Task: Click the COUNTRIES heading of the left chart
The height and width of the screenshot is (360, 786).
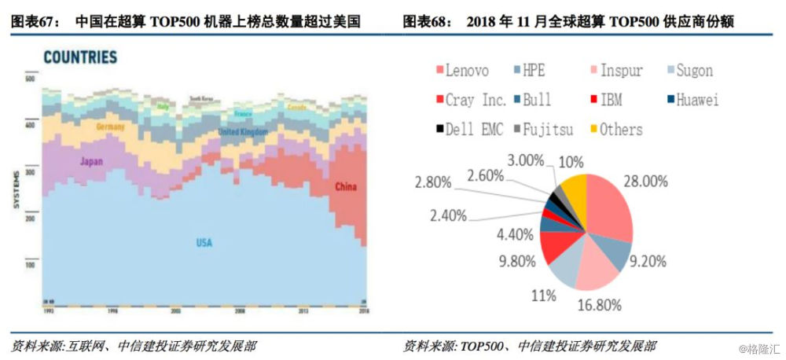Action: pos(79,57)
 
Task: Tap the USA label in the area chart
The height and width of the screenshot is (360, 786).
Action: pos(204,243)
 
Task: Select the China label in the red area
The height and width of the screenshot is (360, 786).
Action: pos(345,187)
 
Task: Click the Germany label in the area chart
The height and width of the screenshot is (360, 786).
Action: pos(110,127)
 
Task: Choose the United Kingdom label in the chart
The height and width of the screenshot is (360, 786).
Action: pos(243,132)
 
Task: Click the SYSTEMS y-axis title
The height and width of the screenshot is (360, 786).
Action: pos(15,189)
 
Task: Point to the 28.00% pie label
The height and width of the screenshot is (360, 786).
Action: pos(645,182)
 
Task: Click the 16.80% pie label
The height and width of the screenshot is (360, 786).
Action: pos(599,303)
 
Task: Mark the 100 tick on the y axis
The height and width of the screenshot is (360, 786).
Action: pos(31,266)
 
